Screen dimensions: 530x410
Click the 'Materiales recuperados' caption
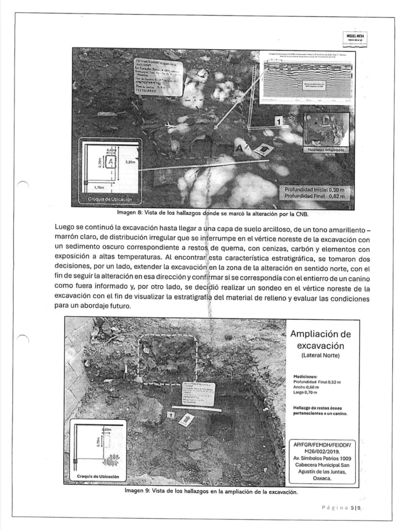(325, 150)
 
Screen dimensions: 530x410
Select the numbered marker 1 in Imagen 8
(279, 122)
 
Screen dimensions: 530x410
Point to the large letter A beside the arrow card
(239, 149)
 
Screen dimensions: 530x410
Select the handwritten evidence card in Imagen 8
(158, 76)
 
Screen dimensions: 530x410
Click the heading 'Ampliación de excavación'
(321, 339)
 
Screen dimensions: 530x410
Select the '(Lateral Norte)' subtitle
(321, 356)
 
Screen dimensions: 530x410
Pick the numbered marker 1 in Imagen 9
(171, 415)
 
